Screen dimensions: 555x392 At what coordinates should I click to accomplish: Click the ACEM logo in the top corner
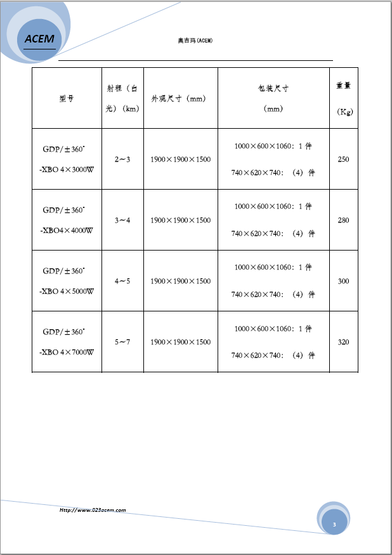click(x=39, y=39)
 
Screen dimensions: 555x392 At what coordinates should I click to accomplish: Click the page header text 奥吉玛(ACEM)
click(x=195, y=41)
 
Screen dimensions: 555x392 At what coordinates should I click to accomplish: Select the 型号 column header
click(x=67, y=98)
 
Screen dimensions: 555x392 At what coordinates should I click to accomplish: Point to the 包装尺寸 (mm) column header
click(x=273, y=98)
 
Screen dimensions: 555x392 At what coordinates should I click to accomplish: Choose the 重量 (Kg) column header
click(x=344, y=98)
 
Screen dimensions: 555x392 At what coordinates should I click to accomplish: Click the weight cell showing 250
click(x=343, y=159)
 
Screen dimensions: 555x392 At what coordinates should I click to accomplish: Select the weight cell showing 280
click(x=343, y=220)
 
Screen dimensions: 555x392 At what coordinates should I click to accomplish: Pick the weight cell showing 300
click(x=343, y=281)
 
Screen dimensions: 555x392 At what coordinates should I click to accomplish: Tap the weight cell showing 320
click(x=343, y=342)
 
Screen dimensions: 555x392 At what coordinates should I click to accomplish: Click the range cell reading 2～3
click(x=122, y=159)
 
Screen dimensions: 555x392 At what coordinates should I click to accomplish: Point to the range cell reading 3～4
click(x=122, y=220)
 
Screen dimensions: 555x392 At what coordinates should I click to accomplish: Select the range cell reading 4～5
click(x=122, y=281)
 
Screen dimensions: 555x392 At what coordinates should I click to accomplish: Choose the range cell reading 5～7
click(x=122, y=342)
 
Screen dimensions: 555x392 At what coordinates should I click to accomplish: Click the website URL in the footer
click(x=93, y=510)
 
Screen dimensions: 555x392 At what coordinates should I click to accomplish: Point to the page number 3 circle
click(x=334, y=524)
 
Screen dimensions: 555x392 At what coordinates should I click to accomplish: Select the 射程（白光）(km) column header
click(x=122, y=98)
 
